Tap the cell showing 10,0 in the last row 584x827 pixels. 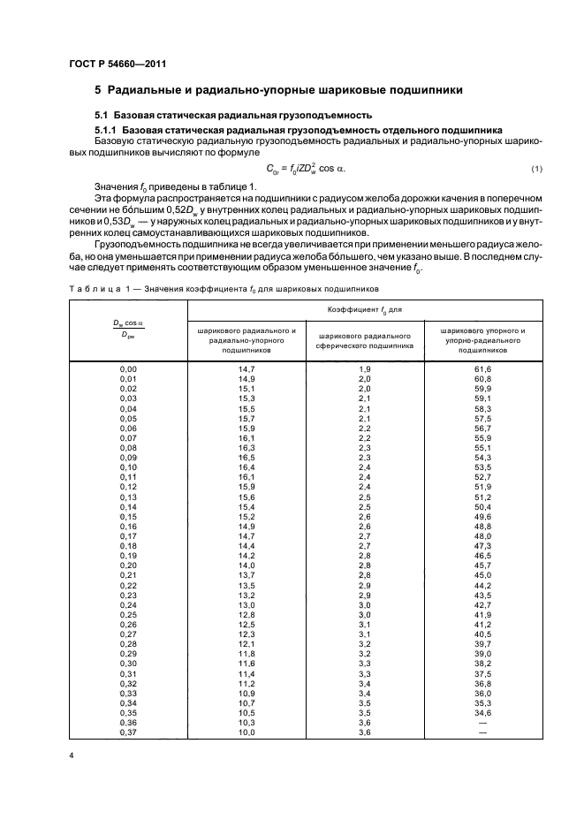tap(246, 732)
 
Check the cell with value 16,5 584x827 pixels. tap(246, 456)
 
